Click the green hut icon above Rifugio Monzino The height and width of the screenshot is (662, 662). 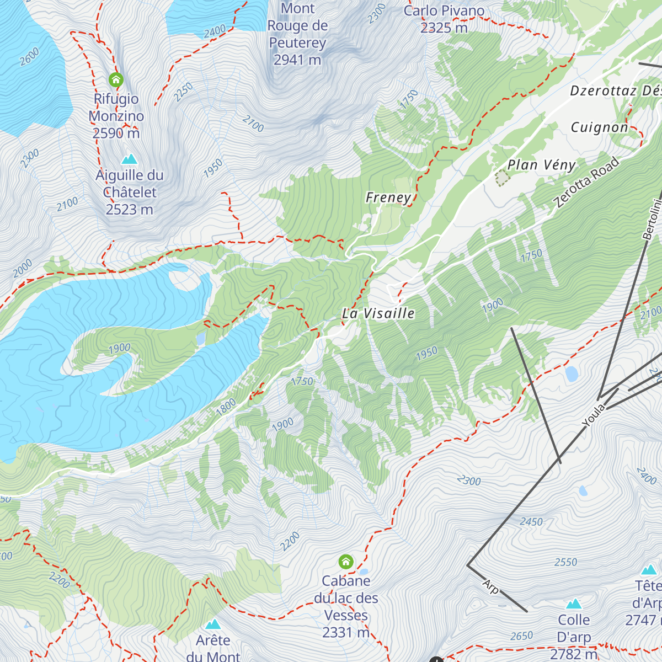click(x=116, y=80)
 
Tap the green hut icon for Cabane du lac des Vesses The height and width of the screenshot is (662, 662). click(x=346, y=562)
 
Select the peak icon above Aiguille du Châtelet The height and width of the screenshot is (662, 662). click(x=129, y=159)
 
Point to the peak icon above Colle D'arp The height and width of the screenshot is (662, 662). click(x=574, y=604)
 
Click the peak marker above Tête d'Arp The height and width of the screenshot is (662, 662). click(x=649, y=569)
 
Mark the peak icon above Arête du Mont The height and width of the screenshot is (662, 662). click(x=213, y=624)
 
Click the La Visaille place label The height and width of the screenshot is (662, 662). click(x=378, y=313)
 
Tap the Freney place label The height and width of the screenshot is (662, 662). click(x=388, y=197)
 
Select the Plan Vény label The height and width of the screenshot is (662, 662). click(x=541, y=165)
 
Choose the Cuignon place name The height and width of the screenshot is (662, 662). click(x=599, y=127)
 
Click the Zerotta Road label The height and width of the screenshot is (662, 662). click(x=587, y=183)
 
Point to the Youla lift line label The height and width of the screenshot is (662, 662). click(x=594, y=415)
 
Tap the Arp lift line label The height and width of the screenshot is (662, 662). click(x=490, y=586)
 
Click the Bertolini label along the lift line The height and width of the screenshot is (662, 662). click(x=652, y=219)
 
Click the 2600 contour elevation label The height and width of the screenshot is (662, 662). click(x=29, y=57)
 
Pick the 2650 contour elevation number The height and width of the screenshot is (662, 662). click(x=521, y=636)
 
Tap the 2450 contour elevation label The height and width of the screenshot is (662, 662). click(x=531, y=521)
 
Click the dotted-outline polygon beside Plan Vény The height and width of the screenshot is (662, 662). click(x=501, y=178)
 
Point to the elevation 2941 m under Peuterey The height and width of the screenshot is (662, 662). click(x=297, y=60)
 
